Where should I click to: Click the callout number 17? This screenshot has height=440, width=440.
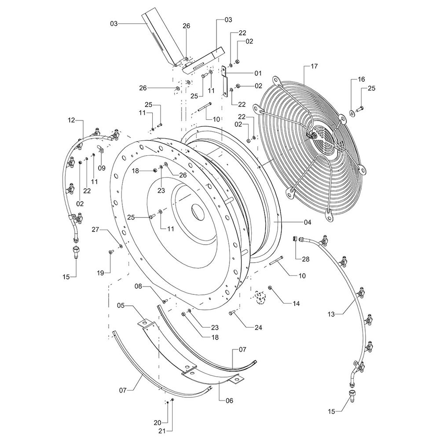click(x=314, y=66)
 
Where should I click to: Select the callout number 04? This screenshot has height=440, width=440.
click(x=308, y=222)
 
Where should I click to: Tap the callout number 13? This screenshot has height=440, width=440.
click(x=331, y=314)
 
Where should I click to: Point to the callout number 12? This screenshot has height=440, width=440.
click(x=72, y=120)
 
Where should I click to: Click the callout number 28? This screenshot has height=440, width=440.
click(x=305, y=259)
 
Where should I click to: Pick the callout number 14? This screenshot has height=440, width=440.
click(x=296, y=304)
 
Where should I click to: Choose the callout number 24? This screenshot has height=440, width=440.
click(x=258, y=327)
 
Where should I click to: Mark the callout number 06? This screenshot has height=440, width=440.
click(x=229, y=401)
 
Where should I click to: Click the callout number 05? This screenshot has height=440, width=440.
click(x=121, y=305)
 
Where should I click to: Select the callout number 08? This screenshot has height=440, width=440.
click(x=139, y=286)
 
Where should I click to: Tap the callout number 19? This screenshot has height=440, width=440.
click(x=100, y=273)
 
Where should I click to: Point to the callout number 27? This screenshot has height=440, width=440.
click(x=95, y=230)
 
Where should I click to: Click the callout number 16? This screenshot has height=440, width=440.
click(x=361, y=79)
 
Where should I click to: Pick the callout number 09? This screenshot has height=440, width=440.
click(x=102, y=168)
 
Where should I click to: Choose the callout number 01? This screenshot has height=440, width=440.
click(x=258, y=73)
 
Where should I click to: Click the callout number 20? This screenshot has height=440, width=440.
click(x=158, y=423)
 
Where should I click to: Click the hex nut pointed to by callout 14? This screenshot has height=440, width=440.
click(x=270, y=288)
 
